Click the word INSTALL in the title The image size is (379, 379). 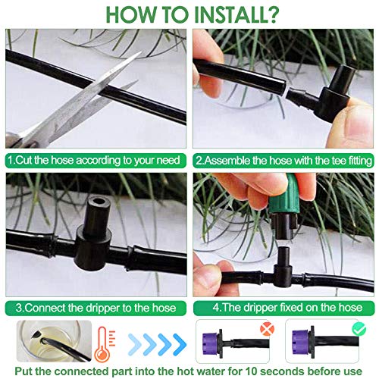[x=229, y=14]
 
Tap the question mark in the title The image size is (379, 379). [x=271, y=14]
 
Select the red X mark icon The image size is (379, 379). [x=268, y=328]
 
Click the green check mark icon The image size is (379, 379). [x=359, y=328]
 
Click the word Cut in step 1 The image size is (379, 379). [x=23, y=161]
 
